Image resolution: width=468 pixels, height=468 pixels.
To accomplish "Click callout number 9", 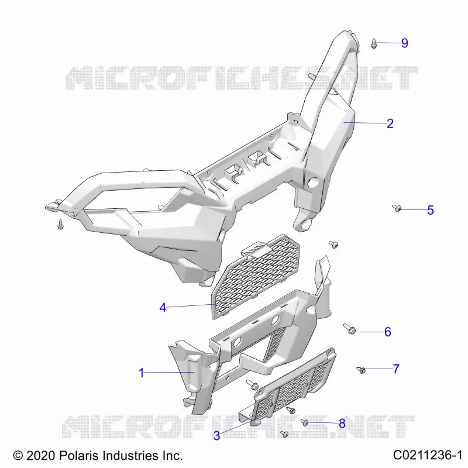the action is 404,43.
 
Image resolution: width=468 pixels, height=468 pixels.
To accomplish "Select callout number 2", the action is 390,123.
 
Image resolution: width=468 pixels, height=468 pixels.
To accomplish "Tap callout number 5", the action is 430,210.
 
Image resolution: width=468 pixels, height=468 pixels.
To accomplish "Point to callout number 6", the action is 387,332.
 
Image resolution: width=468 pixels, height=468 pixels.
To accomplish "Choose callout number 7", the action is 396,369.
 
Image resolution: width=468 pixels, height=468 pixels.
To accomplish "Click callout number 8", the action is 342,423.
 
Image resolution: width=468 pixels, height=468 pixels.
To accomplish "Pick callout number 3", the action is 216,435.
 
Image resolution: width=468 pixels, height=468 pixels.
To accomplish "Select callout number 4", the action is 163,308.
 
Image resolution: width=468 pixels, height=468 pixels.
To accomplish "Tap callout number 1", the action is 142,373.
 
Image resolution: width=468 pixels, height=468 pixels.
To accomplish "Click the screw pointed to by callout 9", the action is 374,43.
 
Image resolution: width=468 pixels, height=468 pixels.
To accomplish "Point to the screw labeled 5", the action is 397,208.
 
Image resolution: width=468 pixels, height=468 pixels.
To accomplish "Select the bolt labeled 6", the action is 349,329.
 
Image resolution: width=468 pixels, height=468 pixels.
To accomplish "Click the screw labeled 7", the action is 361,370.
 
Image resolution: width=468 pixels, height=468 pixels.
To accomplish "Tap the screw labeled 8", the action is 304,422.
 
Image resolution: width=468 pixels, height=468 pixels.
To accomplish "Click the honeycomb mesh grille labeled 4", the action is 256,276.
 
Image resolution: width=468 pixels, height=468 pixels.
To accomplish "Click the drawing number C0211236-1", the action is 428,455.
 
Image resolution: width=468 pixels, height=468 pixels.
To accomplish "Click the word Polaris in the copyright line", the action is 79,456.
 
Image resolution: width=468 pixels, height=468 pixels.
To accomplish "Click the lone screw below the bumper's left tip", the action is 61,225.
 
